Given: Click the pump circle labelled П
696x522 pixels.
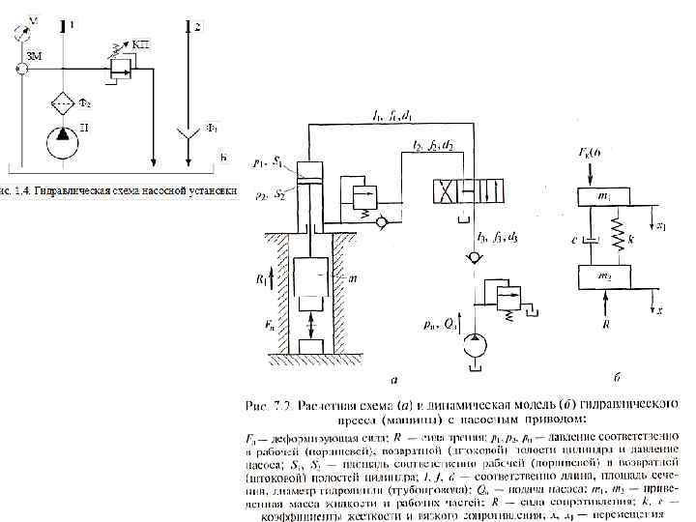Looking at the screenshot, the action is click(64, 142).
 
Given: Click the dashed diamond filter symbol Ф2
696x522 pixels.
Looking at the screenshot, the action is click(64, 103).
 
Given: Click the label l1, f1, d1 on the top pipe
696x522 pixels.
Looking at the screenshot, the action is click(394, 116).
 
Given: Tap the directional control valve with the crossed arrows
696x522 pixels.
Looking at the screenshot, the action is click(465, 190).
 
